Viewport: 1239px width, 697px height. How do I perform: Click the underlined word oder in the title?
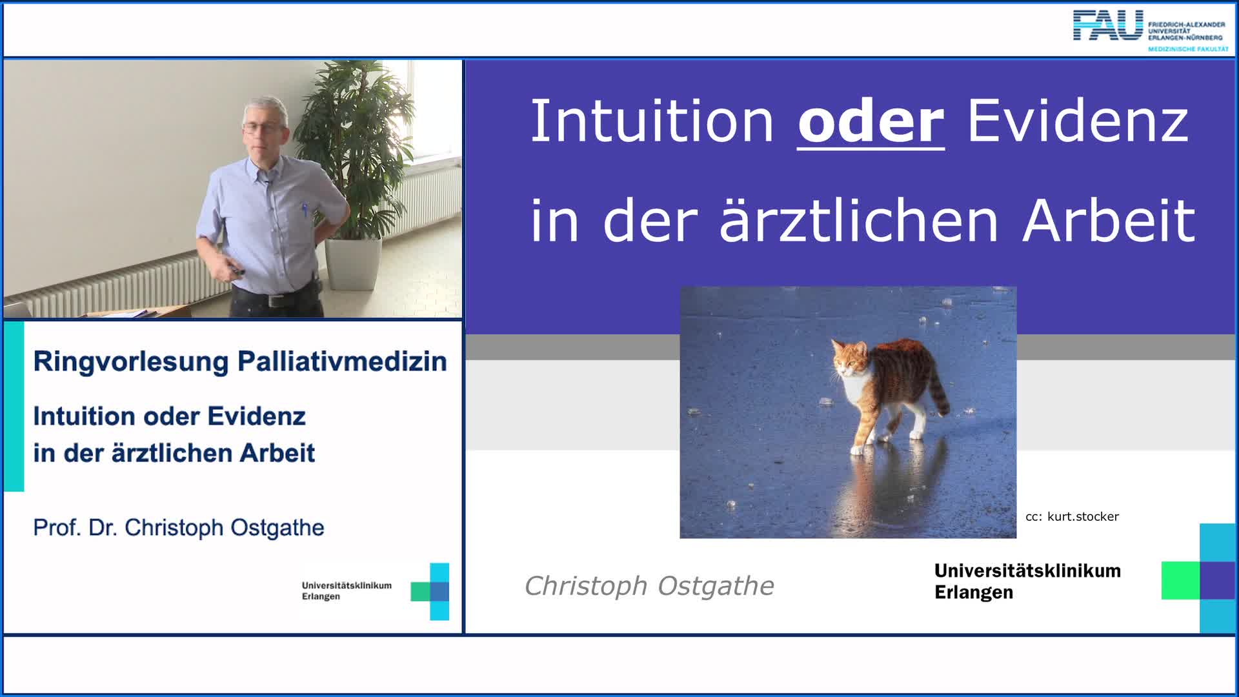(x=871, y=122)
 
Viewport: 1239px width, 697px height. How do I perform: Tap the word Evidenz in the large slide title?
(x=1077, y=122)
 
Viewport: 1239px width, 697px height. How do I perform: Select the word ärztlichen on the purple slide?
(x=859, y=221)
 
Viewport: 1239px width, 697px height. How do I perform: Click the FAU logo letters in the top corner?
(x=1107, y=26)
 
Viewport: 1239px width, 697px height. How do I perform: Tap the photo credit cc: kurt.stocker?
(x=1072, y=516)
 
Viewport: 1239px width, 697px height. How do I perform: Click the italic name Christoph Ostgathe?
(x=649, y=586)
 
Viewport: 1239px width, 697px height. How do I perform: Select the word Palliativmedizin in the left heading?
(x=342, y=361)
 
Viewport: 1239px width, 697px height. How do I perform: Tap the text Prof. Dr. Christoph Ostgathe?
(x=179, y=528)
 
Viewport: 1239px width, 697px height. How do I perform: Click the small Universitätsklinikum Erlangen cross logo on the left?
(x=430, y=591)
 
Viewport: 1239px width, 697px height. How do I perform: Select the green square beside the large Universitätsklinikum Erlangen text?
(x=1180, y=580)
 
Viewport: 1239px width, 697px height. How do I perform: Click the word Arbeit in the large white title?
(x=1109, y=221)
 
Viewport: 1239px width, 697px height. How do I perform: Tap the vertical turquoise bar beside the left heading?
(x=14, y=407)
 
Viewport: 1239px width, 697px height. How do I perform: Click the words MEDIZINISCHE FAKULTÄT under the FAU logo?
(x=1187, y=49)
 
